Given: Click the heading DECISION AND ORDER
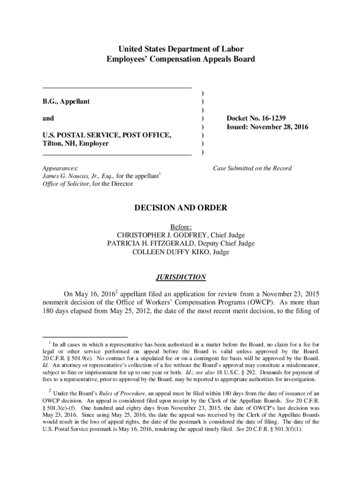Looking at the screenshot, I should pos(181,208).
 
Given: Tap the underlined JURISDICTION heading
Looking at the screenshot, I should pos(181,277).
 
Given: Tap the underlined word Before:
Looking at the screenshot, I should pos(181,226).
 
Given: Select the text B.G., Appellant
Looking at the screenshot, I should pos(66,101).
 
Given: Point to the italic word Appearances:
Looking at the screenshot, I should pos(60,168).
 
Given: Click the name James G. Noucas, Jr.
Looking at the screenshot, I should pos(71,176).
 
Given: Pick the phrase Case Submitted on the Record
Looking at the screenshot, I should pos(252,168).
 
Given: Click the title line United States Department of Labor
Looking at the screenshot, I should pos(181,49).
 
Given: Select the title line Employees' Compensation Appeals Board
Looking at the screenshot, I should pos(181,59).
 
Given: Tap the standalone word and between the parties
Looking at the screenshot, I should pos(48,119).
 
